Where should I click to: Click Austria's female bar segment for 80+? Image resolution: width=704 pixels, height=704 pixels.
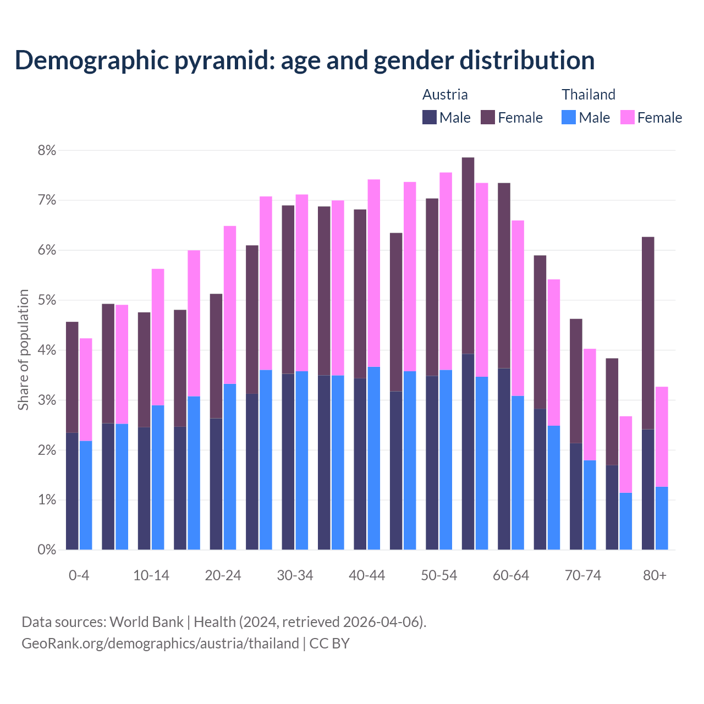click(x=648, y=333)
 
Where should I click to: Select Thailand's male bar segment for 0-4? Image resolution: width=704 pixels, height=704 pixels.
click(x=86, y=495)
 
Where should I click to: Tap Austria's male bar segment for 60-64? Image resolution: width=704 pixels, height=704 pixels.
click(x=504, y=459)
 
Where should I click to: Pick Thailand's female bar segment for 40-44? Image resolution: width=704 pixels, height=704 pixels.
click(x=374, y=273)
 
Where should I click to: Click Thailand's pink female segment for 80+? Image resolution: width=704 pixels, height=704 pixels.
click(x=662, y=437)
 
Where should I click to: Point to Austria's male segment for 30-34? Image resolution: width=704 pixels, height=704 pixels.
click(x=288, y=461)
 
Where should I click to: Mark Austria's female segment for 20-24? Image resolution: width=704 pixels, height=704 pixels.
click(x=216, y=356)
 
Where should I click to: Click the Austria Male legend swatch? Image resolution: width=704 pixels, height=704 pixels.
click(x=430, y=117)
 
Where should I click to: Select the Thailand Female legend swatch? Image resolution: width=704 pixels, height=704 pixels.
click(x=627, y=117)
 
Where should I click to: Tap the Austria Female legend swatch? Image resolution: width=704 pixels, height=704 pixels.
click(x=488, y=117)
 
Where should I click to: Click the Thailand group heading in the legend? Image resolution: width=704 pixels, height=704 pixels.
click(x=588, y=95)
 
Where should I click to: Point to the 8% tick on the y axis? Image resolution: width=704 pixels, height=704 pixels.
click(x=47, y=150)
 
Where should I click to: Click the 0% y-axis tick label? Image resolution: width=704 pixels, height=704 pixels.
click(x=47, y=549)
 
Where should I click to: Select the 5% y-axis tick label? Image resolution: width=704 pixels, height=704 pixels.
click(x=47, y=300)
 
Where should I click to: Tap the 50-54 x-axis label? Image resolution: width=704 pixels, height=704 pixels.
click(x=439, y=575)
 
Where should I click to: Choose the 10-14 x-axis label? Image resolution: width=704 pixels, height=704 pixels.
click(x=151, y=575)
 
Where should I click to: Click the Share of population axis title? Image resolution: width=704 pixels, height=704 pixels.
click(x=23, y=350)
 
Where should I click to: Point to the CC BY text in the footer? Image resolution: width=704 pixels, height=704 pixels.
click(x=329, y=643)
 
